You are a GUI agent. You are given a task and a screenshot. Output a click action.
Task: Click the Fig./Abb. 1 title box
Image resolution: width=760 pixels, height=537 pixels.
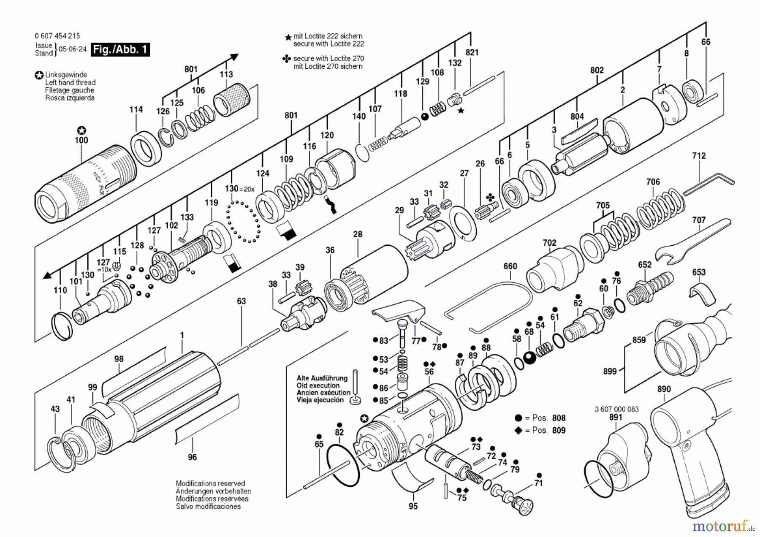121,49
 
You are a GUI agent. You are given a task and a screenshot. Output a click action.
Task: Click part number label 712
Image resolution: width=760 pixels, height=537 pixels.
699,156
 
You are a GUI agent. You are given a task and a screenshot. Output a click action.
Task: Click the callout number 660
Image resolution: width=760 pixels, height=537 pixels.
510,266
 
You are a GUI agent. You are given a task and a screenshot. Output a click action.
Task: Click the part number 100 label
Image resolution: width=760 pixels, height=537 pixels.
81,140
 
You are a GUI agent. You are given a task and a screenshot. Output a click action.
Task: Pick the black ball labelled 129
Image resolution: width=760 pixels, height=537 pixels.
425,117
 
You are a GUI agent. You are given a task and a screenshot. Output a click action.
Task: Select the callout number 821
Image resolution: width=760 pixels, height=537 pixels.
472,52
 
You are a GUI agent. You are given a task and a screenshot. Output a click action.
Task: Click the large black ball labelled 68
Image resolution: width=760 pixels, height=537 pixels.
529,358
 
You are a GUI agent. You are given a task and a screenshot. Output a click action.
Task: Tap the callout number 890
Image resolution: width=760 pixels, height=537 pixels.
664,389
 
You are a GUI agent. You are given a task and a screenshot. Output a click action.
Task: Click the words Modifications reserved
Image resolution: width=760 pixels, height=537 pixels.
210,483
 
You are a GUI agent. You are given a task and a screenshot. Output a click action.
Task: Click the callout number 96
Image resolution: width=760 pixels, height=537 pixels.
192,457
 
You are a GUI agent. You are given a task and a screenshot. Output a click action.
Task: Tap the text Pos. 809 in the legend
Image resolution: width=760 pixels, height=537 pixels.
548,430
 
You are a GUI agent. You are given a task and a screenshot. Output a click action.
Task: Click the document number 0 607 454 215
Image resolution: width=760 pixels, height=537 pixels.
57,36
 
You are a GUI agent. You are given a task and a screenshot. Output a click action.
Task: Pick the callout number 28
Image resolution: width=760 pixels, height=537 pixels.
358,234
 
